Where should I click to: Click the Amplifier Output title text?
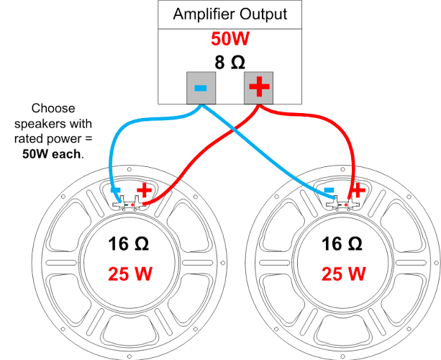point(229,14)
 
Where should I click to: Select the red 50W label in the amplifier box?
point(230,39)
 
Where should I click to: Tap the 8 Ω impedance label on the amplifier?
point(229,62)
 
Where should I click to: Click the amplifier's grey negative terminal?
point(201,88)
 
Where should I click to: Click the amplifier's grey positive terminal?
point(258,88)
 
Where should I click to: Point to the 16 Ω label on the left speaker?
point(128,244)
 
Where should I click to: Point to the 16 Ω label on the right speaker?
point(342,244)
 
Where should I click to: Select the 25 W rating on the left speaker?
point(130,274)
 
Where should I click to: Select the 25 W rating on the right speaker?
point(343,274)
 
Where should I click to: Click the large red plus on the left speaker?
point(145,189)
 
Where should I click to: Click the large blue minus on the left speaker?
point(116,190)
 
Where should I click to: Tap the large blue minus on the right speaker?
point(329,190)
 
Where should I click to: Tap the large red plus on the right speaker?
point(358,189)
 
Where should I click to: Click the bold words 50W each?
point(52,154)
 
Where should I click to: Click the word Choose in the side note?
point(53,109)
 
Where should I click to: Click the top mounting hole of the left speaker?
point(129,169)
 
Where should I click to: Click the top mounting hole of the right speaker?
point(343,169)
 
